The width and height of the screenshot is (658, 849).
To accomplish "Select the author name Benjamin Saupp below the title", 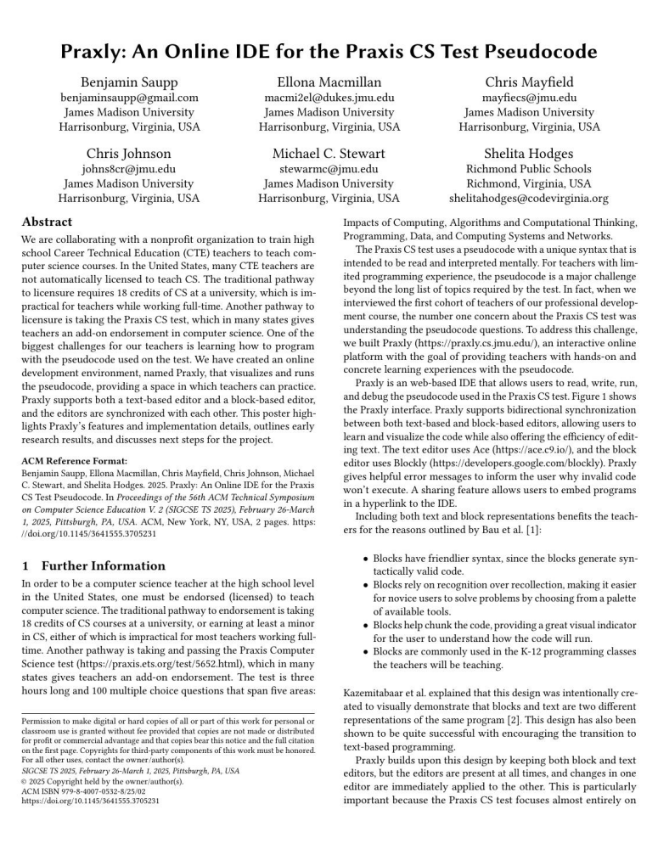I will click(x=128, y=82).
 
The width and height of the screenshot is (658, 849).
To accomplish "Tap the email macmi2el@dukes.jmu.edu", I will click(x=329, y=98).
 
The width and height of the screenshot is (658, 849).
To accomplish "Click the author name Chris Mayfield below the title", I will click(x=529, y=82).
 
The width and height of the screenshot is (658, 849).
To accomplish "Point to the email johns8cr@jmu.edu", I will click(x=128, y=169).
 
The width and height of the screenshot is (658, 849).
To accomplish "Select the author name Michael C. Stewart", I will click(x=329, y=154).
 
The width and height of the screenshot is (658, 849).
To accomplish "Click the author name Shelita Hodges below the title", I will click(x=529, y=154).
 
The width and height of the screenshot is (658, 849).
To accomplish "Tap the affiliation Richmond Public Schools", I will click(x=529, y=169).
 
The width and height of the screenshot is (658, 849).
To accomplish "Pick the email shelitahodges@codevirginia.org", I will click(x=529, y=199).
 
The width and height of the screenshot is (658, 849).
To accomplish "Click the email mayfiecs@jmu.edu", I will click(x=529, y=98).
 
